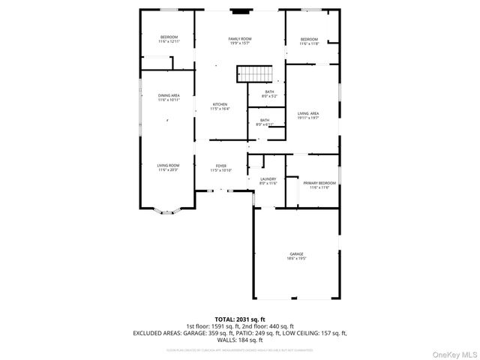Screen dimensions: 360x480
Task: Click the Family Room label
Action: (x=240, y=40)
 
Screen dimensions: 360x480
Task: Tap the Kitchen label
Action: (x=220, y=106)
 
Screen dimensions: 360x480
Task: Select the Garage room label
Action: (x=297, y=256)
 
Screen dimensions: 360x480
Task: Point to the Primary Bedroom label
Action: (x=319, y=184)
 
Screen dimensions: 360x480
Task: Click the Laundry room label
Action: (x=268, y=181)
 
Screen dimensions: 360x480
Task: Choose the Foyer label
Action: (x=221, y=168)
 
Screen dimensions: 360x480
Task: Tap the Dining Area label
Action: (x=169, y=97)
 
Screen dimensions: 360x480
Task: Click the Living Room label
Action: (x=168, y=167)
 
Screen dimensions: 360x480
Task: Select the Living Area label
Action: (x=308, y=115)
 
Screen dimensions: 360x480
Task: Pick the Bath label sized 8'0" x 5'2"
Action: (x=269, y=94)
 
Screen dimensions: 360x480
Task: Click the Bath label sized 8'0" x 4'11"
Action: (x=265, y=121)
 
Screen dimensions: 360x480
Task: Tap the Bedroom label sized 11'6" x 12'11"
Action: (x=169, y=39)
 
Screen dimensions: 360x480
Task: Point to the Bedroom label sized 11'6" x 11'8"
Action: (x=310, y=41)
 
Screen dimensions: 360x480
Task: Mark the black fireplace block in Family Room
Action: (x=240, y=11)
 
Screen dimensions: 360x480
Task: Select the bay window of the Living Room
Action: (x=166, y=213)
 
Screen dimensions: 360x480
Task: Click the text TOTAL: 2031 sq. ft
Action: (x=240, y=319)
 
